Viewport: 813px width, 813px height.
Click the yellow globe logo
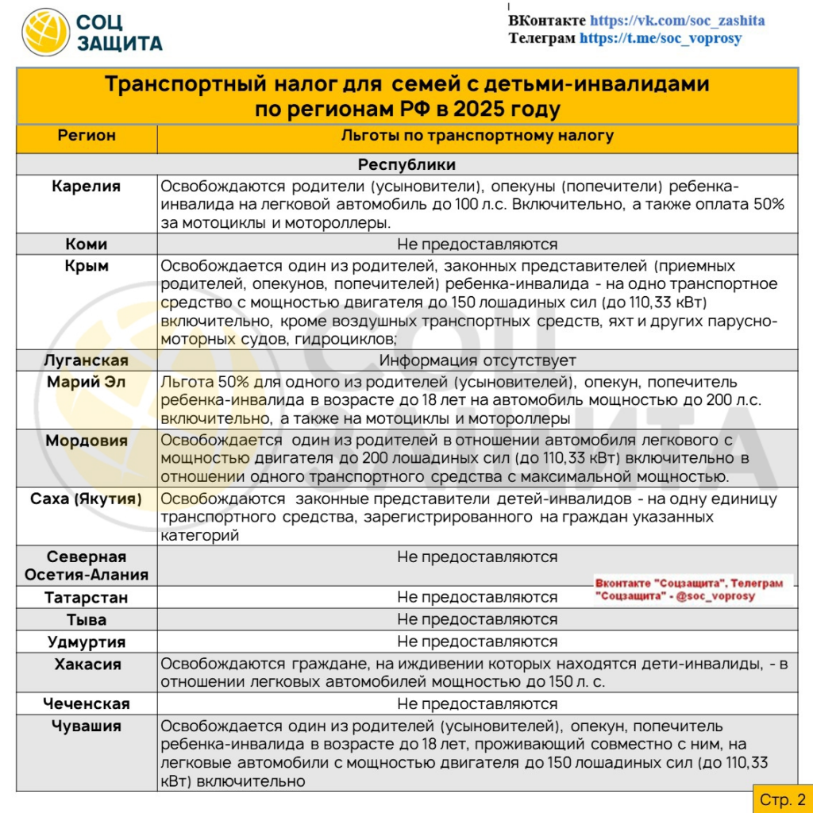[45, 33]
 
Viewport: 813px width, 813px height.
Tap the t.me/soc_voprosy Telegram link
[660, 38]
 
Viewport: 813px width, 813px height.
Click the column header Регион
[87, 136]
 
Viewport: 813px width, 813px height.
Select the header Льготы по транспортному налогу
[477, 136]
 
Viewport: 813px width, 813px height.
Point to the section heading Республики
[406, 165]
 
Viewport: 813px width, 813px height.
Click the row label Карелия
[87, 187]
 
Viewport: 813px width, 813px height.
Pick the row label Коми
[87, 244]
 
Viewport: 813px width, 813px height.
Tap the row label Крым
[87, 266]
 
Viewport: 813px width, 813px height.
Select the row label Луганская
[87, 360]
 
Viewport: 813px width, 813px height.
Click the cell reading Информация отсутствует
[477, 360]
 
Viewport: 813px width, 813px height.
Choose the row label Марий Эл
[87, 382]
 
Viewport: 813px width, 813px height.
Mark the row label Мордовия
[87, 441]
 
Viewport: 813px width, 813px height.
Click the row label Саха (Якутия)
[87, 499]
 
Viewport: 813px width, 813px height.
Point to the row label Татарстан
[87, 597]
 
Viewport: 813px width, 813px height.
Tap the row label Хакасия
[87, 665]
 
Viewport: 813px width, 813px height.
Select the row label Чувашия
[87, 726]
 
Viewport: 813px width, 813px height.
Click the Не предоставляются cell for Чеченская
[477, 703]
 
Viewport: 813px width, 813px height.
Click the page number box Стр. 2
[782, 799]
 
